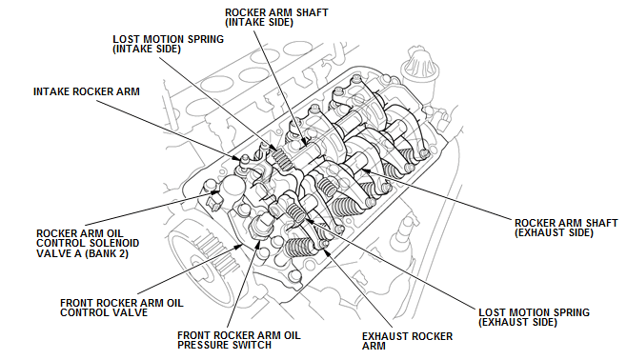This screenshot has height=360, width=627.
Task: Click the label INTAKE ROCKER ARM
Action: (x=87, y=91)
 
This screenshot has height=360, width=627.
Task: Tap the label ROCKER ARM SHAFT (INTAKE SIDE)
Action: (x=276, y=17)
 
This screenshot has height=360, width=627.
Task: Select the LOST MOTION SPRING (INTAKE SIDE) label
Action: (x=168, y=44)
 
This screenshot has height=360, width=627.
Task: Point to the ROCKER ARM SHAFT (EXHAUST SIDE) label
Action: (x=566, y=228)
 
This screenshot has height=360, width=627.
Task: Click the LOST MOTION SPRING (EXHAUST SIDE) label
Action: (x=534, y=317)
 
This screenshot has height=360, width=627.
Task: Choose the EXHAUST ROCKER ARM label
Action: (x=407, y=341)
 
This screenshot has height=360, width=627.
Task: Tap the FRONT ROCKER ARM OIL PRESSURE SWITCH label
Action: (x=239, y=340)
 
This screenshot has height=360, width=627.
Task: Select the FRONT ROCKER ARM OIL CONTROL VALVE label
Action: (x=122, y=308)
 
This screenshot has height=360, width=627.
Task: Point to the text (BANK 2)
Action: (x=107, y=253)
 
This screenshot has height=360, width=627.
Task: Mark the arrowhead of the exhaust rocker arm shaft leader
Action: (x=365, y=170)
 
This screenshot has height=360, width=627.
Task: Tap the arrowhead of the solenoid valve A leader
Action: (x=216, y=192)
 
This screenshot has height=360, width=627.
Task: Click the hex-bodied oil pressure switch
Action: (x=261, y=226)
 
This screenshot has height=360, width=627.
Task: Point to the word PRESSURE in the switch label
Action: (x=208, y=345)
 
